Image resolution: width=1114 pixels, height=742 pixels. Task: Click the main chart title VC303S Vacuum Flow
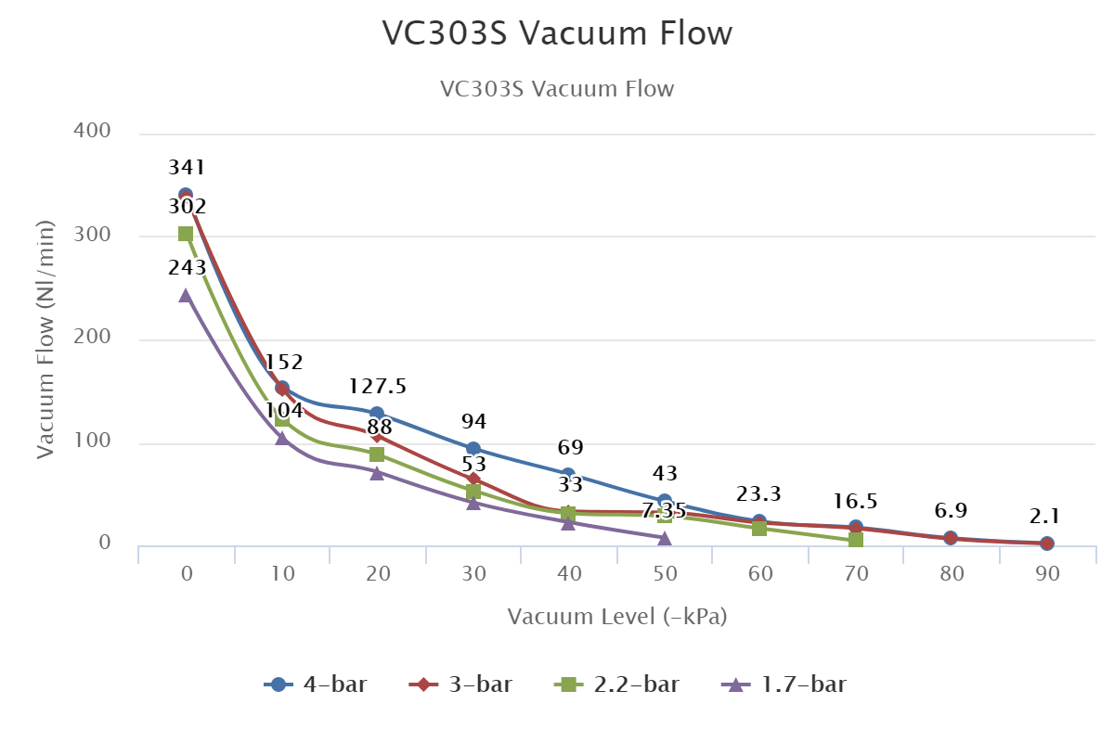pos(557,33)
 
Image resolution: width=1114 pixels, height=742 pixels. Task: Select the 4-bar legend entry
pos(316,685)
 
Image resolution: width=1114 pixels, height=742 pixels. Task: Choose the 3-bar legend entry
pos(461,685)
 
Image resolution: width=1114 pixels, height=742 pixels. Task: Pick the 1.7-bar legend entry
pos(784,685)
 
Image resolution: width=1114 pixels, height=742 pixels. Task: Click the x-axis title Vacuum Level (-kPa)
pos(617,617)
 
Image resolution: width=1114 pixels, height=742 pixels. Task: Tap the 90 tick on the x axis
pos(1048,575)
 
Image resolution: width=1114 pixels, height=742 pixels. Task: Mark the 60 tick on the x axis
pos(760,575)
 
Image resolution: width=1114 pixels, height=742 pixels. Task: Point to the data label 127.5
pos(378,387)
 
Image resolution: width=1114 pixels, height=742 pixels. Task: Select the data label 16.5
pos(856,503)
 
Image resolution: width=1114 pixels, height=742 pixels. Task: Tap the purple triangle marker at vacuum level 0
pos(186,295)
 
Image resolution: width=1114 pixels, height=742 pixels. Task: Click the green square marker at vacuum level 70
pos(856,539)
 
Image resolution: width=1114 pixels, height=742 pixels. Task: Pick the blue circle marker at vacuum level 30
pos(473,449)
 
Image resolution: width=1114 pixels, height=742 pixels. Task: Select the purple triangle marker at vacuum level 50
pos(665,538)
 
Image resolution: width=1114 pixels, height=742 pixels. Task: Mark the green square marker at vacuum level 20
pos(377,454)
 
